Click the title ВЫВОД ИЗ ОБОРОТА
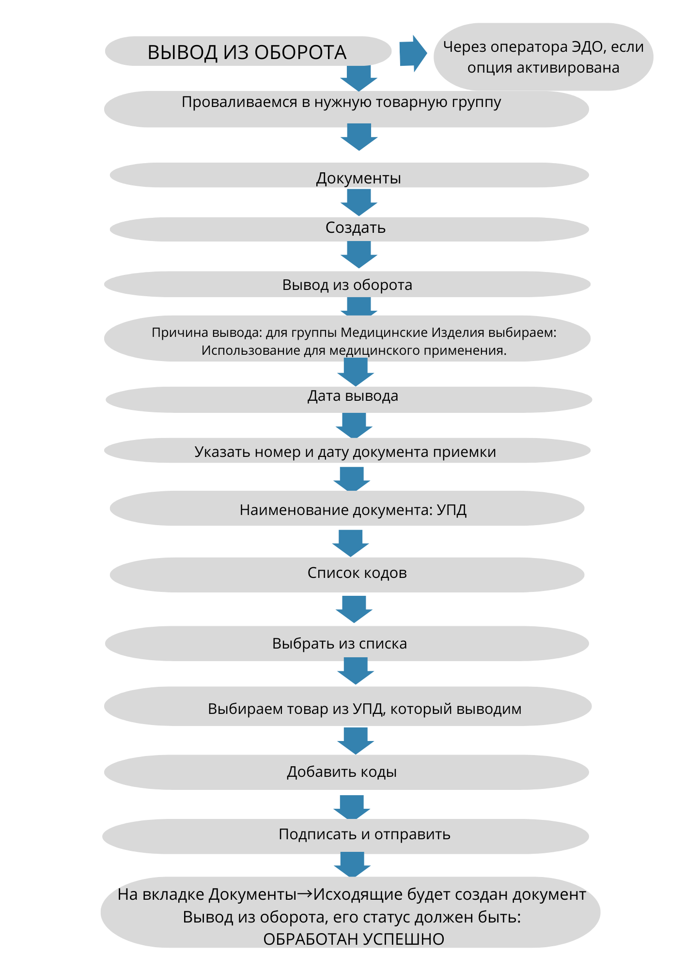(247, 52)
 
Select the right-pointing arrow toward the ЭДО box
(413, 53)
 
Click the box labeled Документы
(349, 175)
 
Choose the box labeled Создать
(349, 229)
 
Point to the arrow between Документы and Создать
(359, 202)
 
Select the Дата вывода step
(349, 399)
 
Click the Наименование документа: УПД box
(347, 508)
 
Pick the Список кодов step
(347, 575)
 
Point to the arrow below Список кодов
(354, 609)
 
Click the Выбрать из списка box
(347, 643)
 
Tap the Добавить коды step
(346, 772)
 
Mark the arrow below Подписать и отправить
(352, 864)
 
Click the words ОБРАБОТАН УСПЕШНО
(354, 939)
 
